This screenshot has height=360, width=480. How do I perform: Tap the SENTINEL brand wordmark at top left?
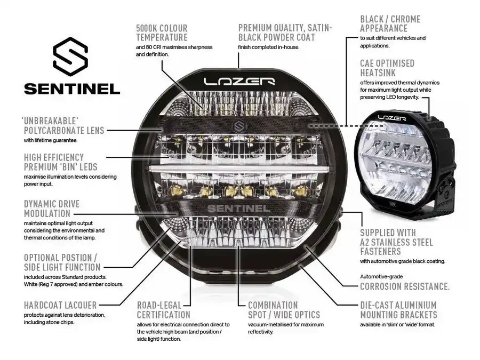71,88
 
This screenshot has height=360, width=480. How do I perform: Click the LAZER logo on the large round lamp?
239,82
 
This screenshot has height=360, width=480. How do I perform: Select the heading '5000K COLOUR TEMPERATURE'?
162,33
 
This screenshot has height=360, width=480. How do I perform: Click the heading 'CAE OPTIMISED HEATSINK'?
387,68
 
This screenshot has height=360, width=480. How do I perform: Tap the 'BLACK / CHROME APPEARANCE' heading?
390,24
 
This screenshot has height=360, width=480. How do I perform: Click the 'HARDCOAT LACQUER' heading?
60,305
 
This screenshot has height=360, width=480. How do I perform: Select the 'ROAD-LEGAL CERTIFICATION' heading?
163,310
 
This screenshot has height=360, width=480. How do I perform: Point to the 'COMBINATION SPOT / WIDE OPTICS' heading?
284,310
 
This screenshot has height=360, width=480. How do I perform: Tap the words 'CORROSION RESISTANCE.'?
404,286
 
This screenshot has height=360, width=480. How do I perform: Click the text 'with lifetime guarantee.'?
51,140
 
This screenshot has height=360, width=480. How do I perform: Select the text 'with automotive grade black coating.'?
402,261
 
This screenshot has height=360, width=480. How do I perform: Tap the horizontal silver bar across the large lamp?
238,168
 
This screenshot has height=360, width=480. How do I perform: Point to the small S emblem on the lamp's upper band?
238,127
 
